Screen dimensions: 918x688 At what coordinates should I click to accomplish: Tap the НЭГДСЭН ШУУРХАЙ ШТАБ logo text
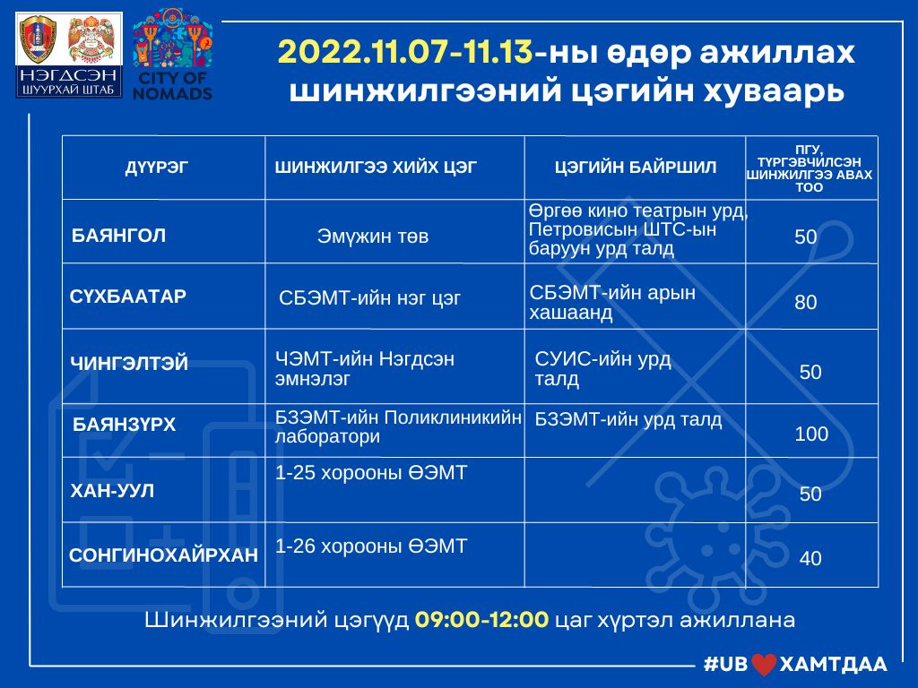pos(68,82)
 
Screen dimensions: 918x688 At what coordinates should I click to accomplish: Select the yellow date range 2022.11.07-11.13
pos(405,52)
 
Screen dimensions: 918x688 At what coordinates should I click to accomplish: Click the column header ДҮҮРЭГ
pos(156,168)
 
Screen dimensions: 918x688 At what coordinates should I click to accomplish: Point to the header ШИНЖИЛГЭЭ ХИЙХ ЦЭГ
pos(376,168)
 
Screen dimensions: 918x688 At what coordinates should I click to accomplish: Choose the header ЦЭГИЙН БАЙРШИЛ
pos(636,168)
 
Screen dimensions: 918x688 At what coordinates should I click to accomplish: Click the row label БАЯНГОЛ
pos(118,236)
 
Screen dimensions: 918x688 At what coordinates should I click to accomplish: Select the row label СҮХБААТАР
pos(127,296)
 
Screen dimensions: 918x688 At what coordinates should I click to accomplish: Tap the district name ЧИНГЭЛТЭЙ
pos(129,364)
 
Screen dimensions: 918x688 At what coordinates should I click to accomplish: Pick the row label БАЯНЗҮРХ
pos(124,424)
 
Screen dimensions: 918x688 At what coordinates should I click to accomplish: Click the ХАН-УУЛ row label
pos(112,490)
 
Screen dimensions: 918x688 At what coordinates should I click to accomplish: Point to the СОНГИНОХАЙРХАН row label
pos(163,555)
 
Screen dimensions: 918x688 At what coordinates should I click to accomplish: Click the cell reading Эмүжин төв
pos(373,236)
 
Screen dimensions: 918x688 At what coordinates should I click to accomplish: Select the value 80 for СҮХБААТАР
pos(806,302)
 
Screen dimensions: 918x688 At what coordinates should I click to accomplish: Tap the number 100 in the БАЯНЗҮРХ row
pos(811,434)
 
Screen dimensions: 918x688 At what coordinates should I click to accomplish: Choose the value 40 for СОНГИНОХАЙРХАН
pos(810,558)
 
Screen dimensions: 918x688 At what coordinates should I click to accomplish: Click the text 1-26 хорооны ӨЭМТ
pos(371,546)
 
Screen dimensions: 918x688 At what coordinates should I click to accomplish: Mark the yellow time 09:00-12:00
pos(481,619)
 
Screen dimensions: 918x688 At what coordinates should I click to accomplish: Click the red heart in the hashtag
pos(764,665)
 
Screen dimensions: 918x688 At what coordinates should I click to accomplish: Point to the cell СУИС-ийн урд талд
pos(602,368)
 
